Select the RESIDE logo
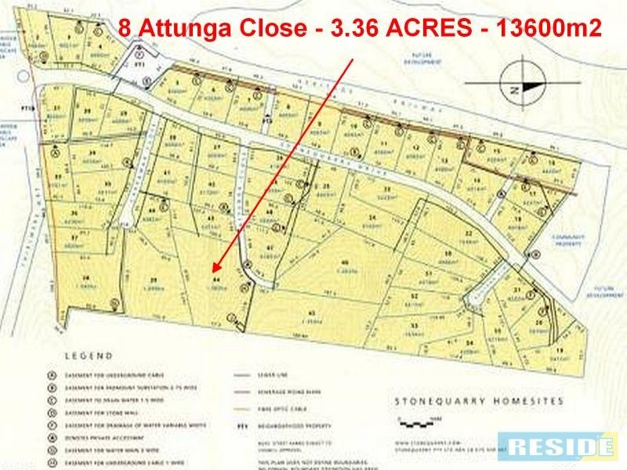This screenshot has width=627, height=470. pyautogui.click(x=560, y=447)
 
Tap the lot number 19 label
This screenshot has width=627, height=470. pyautogui.click(x=560, y=350)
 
